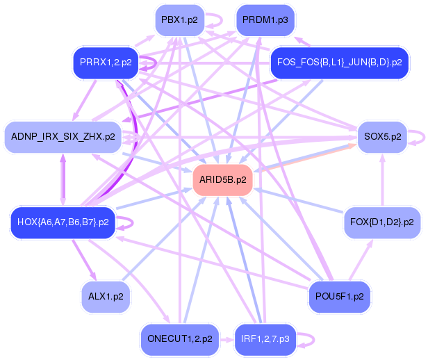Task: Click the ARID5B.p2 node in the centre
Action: (x=222, y=180)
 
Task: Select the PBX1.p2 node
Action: (x=179, y=20)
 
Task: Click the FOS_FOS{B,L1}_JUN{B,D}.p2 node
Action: (x=339, y=63)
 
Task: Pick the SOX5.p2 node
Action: (x=381, y=136)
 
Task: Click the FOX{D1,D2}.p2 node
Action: (x=382, y=222)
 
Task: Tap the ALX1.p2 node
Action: (x=106, y=296)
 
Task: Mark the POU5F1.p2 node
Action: (x=339, y=296)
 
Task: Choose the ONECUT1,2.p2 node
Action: (x=179, y=339)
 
